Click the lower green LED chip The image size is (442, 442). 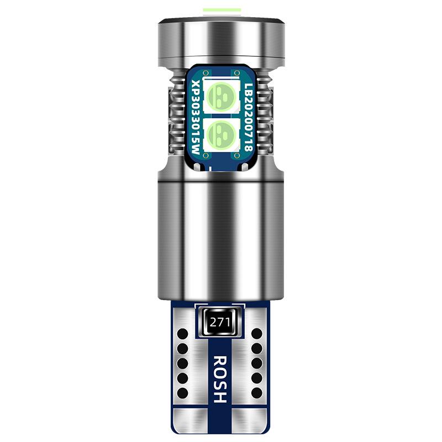(x=221, y=133)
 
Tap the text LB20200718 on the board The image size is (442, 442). (x=248, y=117)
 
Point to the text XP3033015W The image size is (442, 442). (x=196, y=117)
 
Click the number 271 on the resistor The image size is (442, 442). (x=219, y=322)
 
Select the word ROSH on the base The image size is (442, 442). (x=220, y=379)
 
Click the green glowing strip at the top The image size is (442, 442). (x=222, y=10)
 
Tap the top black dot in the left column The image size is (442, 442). (x=182, y=334)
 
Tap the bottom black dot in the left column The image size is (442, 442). (x=182, y=393)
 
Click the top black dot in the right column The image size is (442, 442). (x=257, y=334)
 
